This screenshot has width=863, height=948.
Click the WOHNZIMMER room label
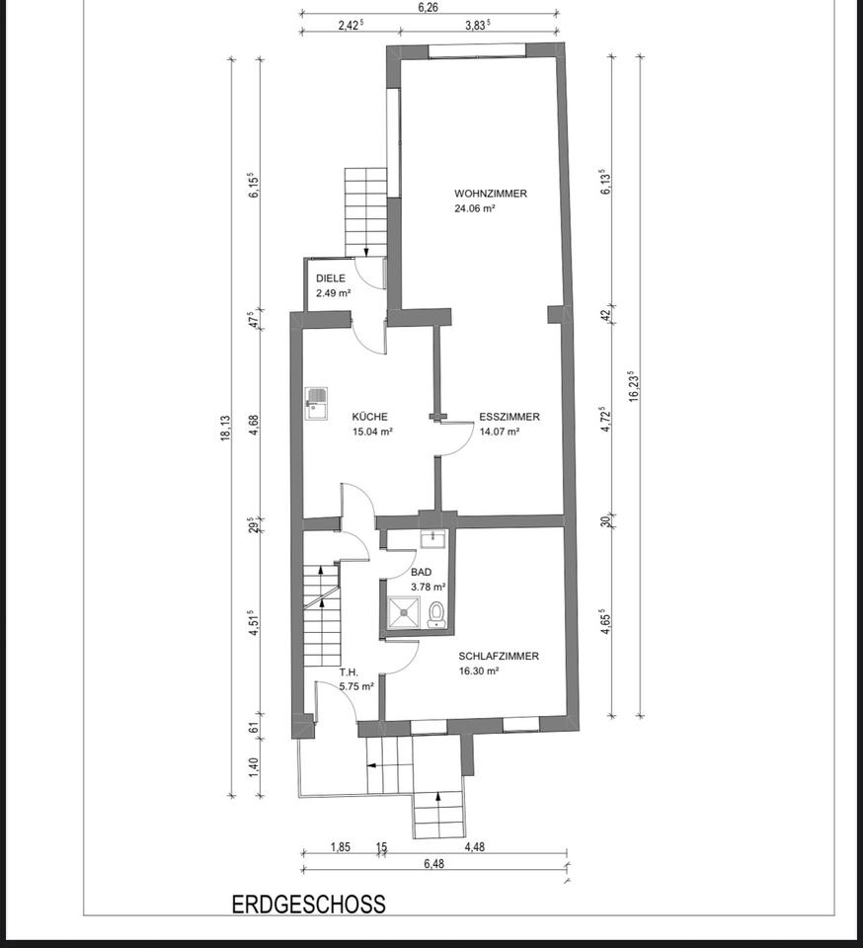tap(490, 194)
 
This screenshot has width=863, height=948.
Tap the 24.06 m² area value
tap(475, 208)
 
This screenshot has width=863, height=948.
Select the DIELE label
tap(331, 278)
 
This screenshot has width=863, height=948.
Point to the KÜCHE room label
tap(370, 417)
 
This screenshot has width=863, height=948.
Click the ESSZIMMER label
tap(509, 417)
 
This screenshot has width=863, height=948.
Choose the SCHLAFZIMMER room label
tap(499, 656)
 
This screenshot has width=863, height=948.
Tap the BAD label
tap(422, 572)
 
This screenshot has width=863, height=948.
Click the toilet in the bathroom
tap(435, 614)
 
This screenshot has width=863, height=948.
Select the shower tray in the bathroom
tap(404, 612)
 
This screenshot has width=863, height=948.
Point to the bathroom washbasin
tap(433, 538)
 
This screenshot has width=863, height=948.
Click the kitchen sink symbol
tap(317, 403)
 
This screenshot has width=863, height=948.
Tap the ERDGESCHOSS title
tap(309, 905)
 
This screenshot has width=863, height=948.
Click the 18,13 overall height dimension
tap(225, 428)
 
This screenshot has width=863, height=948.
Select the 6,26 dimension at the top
tap(428, 7)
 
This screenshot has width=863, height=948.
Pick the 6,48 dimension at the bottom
tap(433, 864)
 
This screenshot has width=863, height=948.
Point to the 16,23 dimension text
tap(633, 386)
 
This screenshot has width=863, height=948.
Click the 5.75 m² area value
tap(356, 686)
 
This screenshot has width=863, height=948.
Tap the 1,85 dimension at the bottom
tap(341, 847)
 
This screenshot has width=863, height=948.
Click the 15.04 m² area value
tap(373, 432)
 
